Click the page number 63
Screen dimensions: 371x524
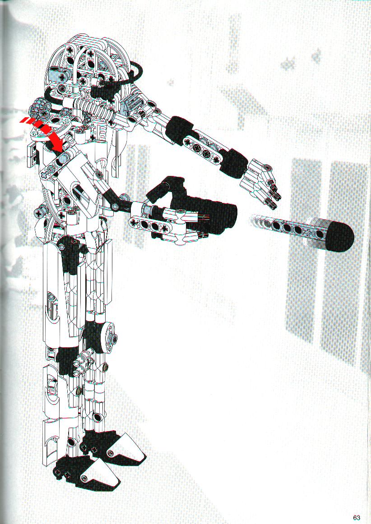(357, 517)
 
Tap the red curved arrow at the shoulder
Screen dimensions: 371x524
(45, 131)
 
